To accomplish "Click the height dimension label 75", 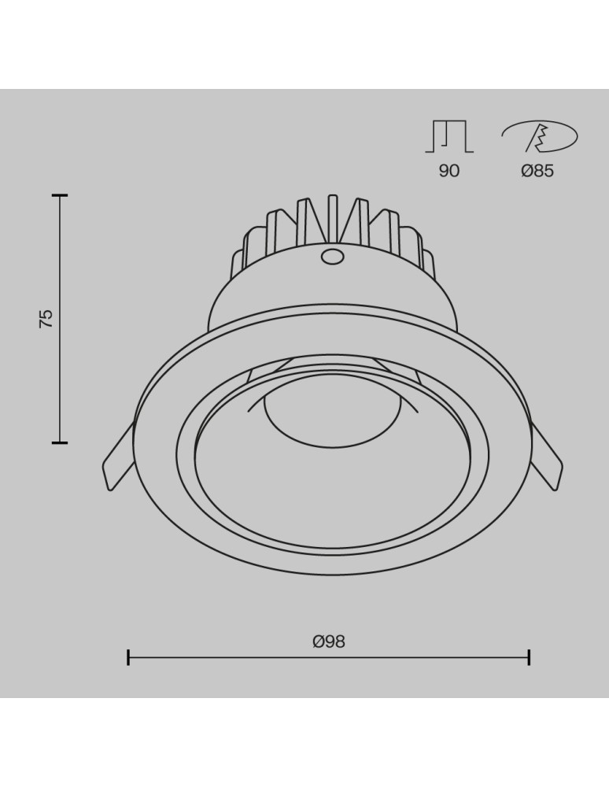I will coord(46,318).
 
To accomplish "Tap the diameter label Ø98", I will coord(328,641).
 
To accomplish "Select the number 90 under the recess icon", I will coord(448,171).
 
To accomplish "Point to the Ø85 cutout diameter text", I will coord(537,171).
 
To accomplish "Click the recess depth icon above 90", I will coord(448,137).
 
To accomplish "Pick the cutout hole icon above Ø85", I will coord(539,138).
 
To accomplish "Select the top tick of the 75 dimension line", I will coord(60,194).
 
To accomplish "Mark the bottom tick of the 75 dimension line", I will coord(60,442).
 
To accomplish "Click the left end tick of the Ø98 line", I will coord(128,657).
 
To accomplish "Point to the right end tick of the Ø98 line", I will coord(529,657).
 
